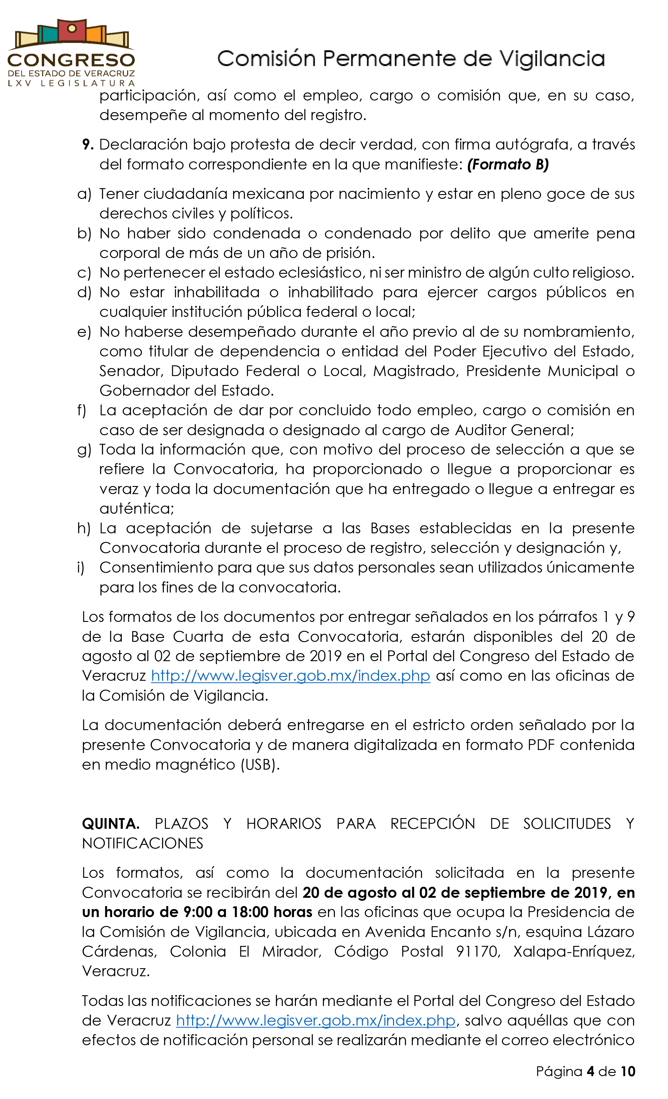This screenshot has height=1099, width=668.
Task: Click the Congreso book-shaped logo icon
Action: click(71, 34)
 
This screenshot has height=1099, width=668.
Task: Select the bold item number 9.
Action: click(87, 144)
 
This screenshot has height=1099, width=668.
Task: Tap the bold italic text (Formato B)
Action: click(508, 165)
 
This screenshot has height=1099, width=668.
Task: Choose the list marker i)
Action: click(81, 567)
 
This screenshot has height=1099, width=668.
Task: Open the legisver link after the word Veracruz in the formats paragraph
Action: click(291, 676)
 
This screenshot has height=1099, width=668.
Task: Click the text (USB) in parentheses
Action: click(260, 765)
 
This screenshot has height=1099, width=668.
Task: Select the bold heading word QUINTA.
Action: click(111, 824)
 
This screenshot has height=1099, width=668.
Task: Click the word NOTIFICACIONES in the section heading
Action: click(142, 843)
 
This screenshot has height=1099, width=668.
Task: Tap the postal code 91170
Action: click(476, 951)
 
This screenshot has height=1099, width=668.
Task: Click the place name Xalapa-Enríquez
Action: click(573, 951)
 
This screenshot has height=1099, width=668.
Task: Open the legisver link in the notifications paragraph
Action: click(316, 1021)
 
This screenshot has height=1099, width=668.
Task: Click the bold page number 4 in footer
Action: click(590, 1071)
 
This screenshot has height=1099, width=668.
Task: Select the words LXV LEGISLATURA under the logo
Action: click(71, 84)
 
